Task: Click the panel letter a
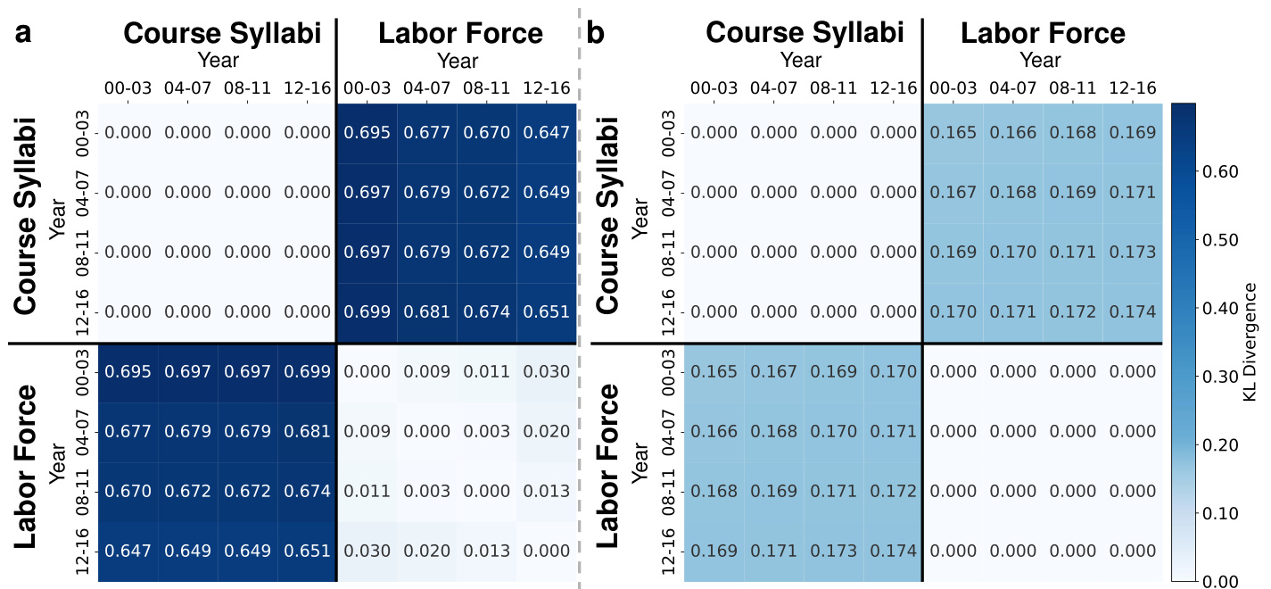(x=24, y=33)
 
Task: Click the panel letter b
(x=596, y=33)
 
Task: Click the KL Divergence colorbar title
(x=1250, y=342)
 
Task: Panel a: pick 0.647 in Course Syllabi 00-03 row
(x=546, y=133)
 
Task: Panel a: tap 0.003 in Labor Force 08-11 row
(x=426, y=492)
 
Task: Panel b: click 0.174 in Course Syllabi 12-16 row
(x=1132, y=312)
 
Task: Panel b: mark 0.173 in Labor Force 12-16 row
(x=834, y=552)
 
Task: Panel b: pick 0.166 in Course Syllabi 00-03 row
(x=1013, y=133)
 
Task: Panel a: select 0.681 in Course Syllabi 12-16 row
(x=426, y=312)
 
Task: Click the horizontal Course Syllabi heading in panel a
(x=222, y=33)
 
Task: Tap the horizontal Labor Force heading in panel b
(x=1043, y=33)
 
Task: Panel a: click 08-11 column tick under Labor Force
(x=486, y=88)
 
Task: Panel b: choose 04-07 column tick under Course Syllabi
(x=774, y=88)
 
